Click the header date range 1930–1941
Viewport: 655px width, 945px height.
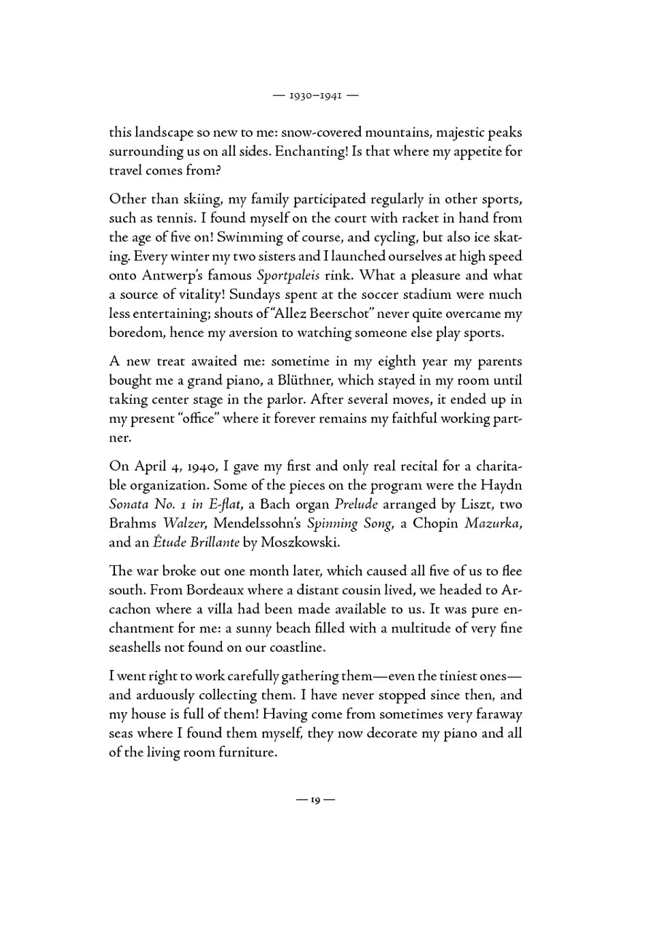tap(327, 94)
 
